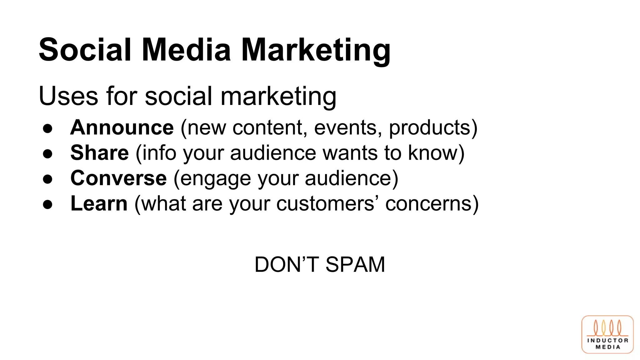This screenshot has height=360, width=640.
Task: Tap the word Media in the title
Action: (x=186, y=50)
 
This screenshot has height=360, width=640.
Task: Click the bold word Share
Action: (x=99, y=153)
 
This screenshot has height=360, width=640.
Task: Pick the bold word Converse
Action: (x=118, y=178)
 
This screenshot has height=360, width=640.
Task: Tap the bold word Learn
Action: (x=99, y=203)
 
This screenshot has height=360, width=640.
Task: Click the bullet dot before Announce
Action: (x=48, y=128)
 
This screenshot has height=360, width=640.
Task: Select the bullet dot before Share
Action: (x=48, y=154)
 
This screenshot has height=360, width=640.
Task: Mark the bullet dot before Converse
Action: (x=48, y=179)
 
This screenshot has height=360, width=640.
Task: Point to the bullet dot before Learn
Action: (x=48, y=204)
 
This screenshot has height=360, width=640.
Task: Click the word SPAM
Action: (x=355, y=265)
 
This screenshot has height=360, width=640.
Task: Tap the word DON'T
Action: (x=287, y=265)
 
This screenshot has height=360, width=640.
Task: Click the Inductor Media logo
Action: (x=607, y=334)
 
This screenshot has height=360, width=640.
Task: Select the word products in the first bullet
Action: (x=430, y=128)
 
